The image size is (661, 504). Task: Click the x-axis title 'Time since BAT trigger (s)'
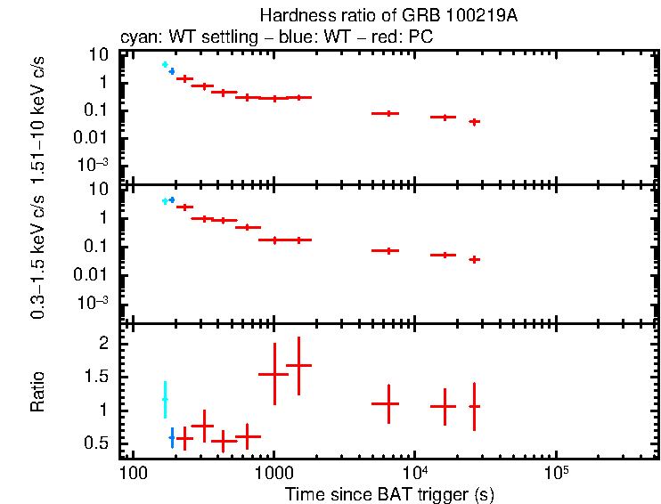[389, 493]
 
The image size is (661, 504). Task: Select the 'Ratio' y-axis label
[38, 392]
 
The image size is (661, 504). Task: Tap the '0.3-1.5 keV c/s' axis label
[38, 251]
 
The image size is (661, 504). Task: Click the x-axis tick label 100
[133, 472]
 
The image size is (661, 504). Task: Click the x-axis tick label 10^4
[414, 470]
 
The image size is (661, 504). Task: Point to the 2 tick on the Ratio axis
[103, 344]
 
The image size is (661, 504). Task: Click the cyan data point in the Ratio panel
[164, 400]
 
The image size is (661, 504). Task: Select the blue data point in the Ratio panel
[172, 438]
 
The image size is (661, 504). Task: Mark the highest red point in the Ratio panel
[299, 365]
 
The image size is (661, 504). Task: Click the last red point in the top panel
[475, 121]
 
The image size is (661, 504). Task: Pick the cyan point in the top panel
[165, 65]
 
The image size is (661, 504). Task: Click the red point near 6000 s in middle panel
[386, 250]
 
